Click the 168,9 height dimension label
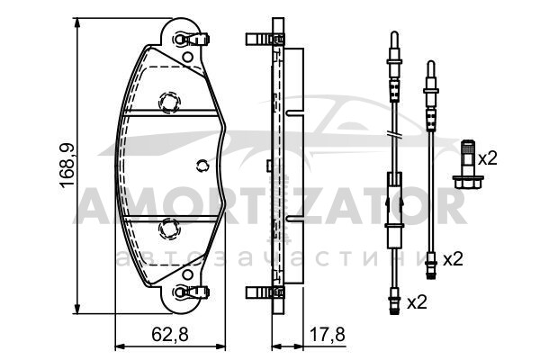[x=67, y=166]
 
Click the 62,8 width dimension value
[x=170, y=334]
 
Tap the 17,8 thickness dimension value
[x=327, y=334]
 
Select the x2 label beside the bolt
[x=488, y=158]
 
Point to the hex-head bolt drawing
[x=468, y=165]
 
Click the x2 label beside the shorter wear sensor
[x=453, y=259]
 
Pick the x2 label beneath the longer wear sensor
[x=417, y=302]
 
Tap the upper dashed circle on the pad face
[x=169, y=102]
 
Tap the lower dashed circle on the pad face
[x=169, y=229]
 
